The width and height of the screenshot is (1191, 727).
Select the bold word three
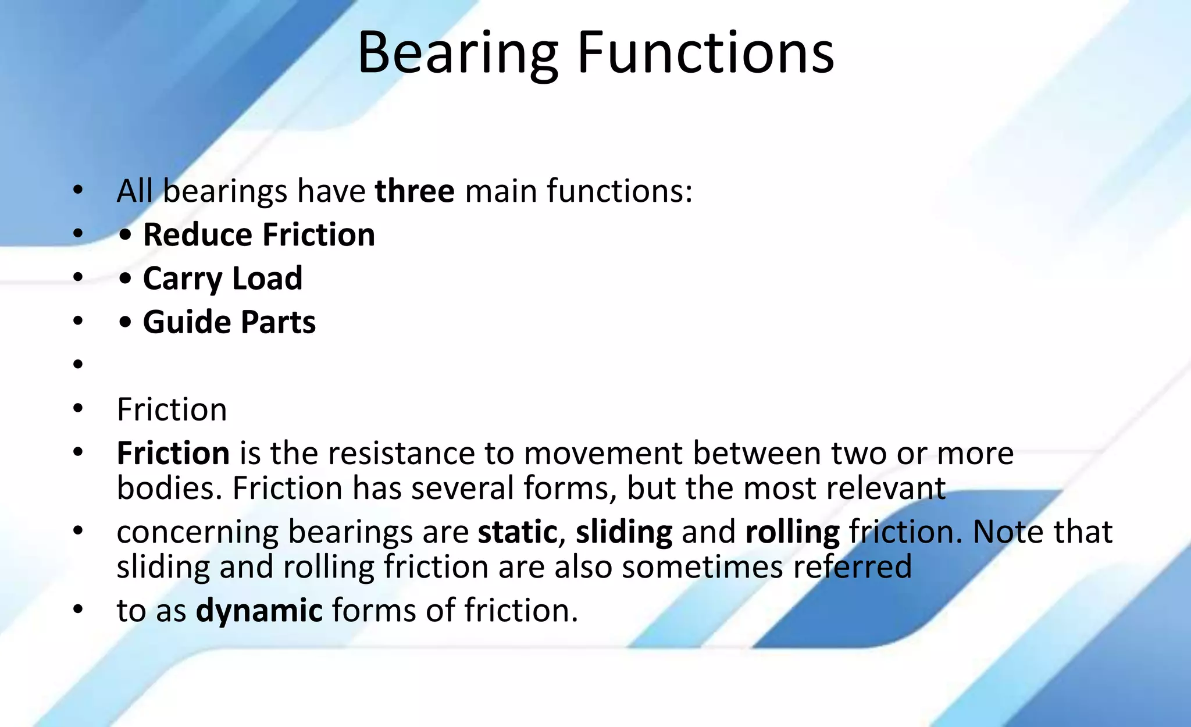(415, 191)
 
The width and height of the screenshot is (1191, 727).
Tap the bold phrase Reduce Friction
(259, 234)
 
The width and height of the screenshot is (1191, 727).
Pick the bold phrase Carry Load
(223, 278)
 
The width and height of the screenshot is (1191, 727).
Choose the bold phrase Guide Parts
(229, 322)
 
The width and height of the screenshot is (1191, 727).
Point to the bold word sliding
(624, 532)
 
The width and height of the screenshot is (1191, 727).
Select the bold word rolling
(792, 532)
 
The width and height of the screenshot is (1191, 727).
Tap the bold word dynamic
(259, 610)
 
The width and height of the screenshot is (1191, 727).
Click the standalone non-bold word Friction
(172, 409)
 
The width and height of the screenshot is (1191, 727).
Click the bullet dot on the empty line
(79, 365)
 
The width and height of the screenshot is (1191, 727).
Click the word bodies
(169, 487)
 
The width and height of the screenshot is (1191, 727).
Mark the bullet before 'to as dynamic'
(79, 610)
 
